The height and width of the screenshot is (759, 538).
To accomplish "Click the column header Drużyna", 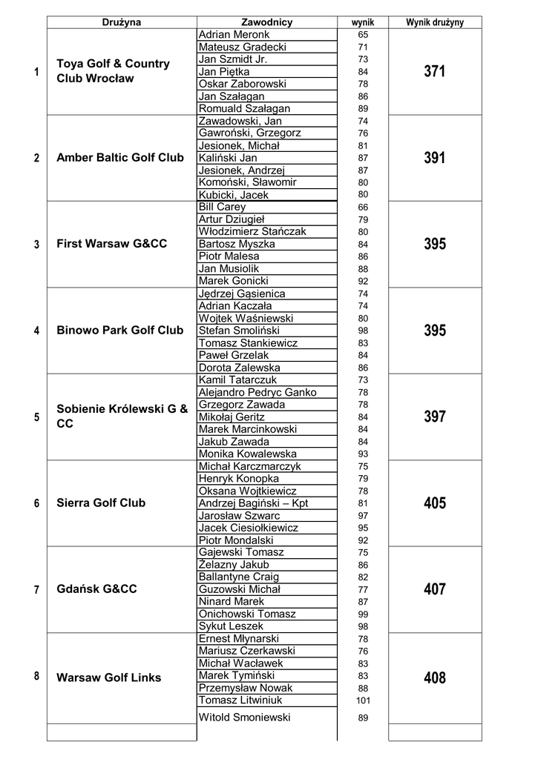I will tap(121, 22).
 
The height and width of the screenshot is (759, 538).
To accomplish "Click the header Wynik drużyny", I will tap(435, 22).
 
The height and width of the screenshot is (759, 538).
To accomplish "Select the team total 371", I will tap(435, 72).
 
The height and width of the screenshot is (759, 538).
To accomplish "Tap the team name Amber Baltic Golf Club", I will tap(120, 158).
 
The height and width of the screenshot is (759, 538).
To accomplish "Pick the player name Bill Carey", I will tap(222, 208).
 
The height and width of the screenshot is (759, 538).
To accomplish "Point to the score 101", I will tap(363, 700).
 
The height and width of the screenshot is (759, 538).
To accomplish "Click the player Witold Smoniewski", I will tap(245, 717).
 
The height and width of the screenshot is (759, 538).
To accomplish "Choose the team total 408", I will tap(435, 677).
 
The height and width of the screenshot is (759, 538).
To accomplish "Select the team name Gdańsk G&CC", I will tap(96, 589).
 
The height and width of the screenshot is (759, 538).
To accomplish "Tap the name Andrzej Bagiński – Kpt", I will tap(253, 503).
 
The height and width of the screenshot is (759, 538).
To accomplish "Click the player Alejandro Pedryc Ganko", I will tap(257, 392).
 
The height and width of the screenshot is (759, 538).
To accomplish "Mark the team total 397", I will tap(435, 417).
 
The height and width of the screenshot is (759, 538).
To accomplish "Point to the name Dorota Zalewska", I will tap(240, 368).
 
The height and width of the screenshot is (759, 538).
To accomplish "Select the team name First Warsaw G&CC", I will tap(112, 244).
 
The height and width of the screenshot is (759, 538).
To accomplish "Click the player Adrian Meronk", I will tap(234, 35).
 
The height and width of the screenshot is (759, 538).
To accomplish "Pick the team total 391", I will tap(435, 158).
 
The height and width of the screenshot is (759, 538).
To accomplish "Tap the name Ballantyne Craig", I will tap(239, 577).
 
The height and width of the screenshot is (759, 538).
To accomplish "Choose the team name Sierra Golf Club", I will tap(101, 503).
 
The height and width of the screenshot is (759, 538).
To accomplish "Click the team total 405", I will tap(435, 503).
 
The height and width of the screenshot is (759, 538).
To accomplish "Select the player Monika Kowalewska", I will tap(248, 454).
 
